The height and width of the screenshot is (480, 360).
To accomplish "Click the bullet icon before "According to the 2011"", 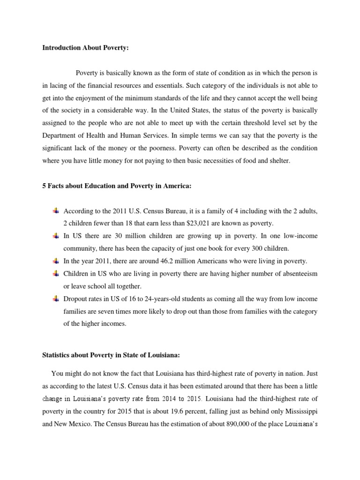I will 56,211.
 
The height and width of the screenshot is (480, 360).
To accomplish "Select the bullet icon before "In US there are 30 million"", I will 56,236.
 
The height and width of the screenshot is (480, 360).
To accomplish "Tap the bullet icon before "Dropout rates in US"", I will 56,298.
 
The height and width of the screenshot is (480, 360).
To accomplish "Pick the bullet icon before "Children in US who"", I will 56,273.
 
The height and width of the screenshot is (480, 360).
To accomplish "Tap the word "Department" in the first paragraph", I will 62,136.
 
